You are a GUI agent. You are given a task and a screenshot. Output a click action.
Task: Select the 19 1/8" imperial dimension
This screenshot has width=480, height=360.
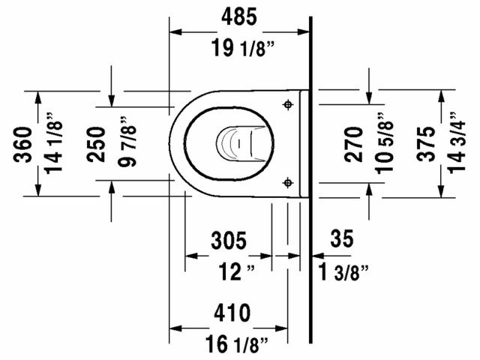coord(240,51)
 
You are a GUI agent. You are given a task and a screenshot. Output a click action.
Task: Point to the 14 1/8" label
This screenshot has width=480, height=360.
coord(52,142)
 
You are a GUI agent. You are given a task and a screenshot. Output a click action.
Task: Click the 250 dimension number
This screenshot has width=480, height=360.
coord(95,142)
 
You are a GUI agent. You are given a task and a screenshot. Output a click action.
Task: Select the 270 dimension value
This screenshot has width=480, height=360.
coord(354,143)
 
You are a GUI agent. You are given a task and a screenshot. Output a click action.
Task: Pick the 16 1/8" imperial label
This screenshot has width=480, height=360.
coord(235,345)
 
